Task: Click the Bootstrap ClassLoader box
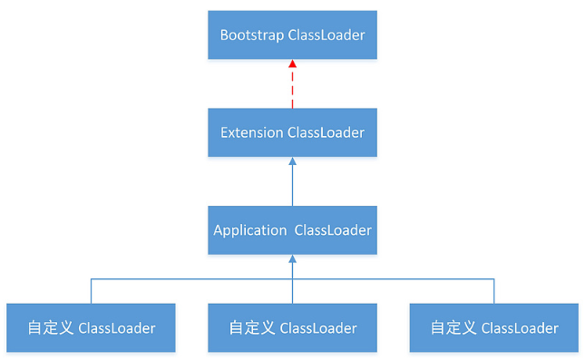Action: pos(292,35)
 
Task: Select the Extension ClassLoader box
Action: pos(292,132)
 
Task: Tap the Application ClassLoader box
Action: pos(292,230)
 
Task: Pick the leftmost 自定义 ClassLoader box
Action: pos(91,327)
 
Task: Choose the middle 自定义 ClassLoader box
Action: pos(292,327)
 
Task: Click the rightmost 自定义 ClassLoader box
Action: pos(493,327)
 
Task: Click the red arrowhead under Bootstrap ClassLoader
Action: pos(292,65)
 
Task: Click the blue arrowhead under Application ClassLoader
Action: pos(292,259)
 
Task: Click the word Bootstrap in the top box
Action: pos(251,35)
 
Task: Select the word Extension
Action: pos(251,132)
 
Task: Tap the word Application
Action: pos(249,230)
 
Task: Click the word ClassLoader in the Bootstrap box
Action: pos(326,35)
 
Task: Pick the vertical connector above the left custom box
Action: pos(91,291)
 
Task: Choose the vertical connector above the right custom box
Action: pos(494,291)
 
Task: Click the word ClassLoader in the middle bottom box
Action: pos(317,327)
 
